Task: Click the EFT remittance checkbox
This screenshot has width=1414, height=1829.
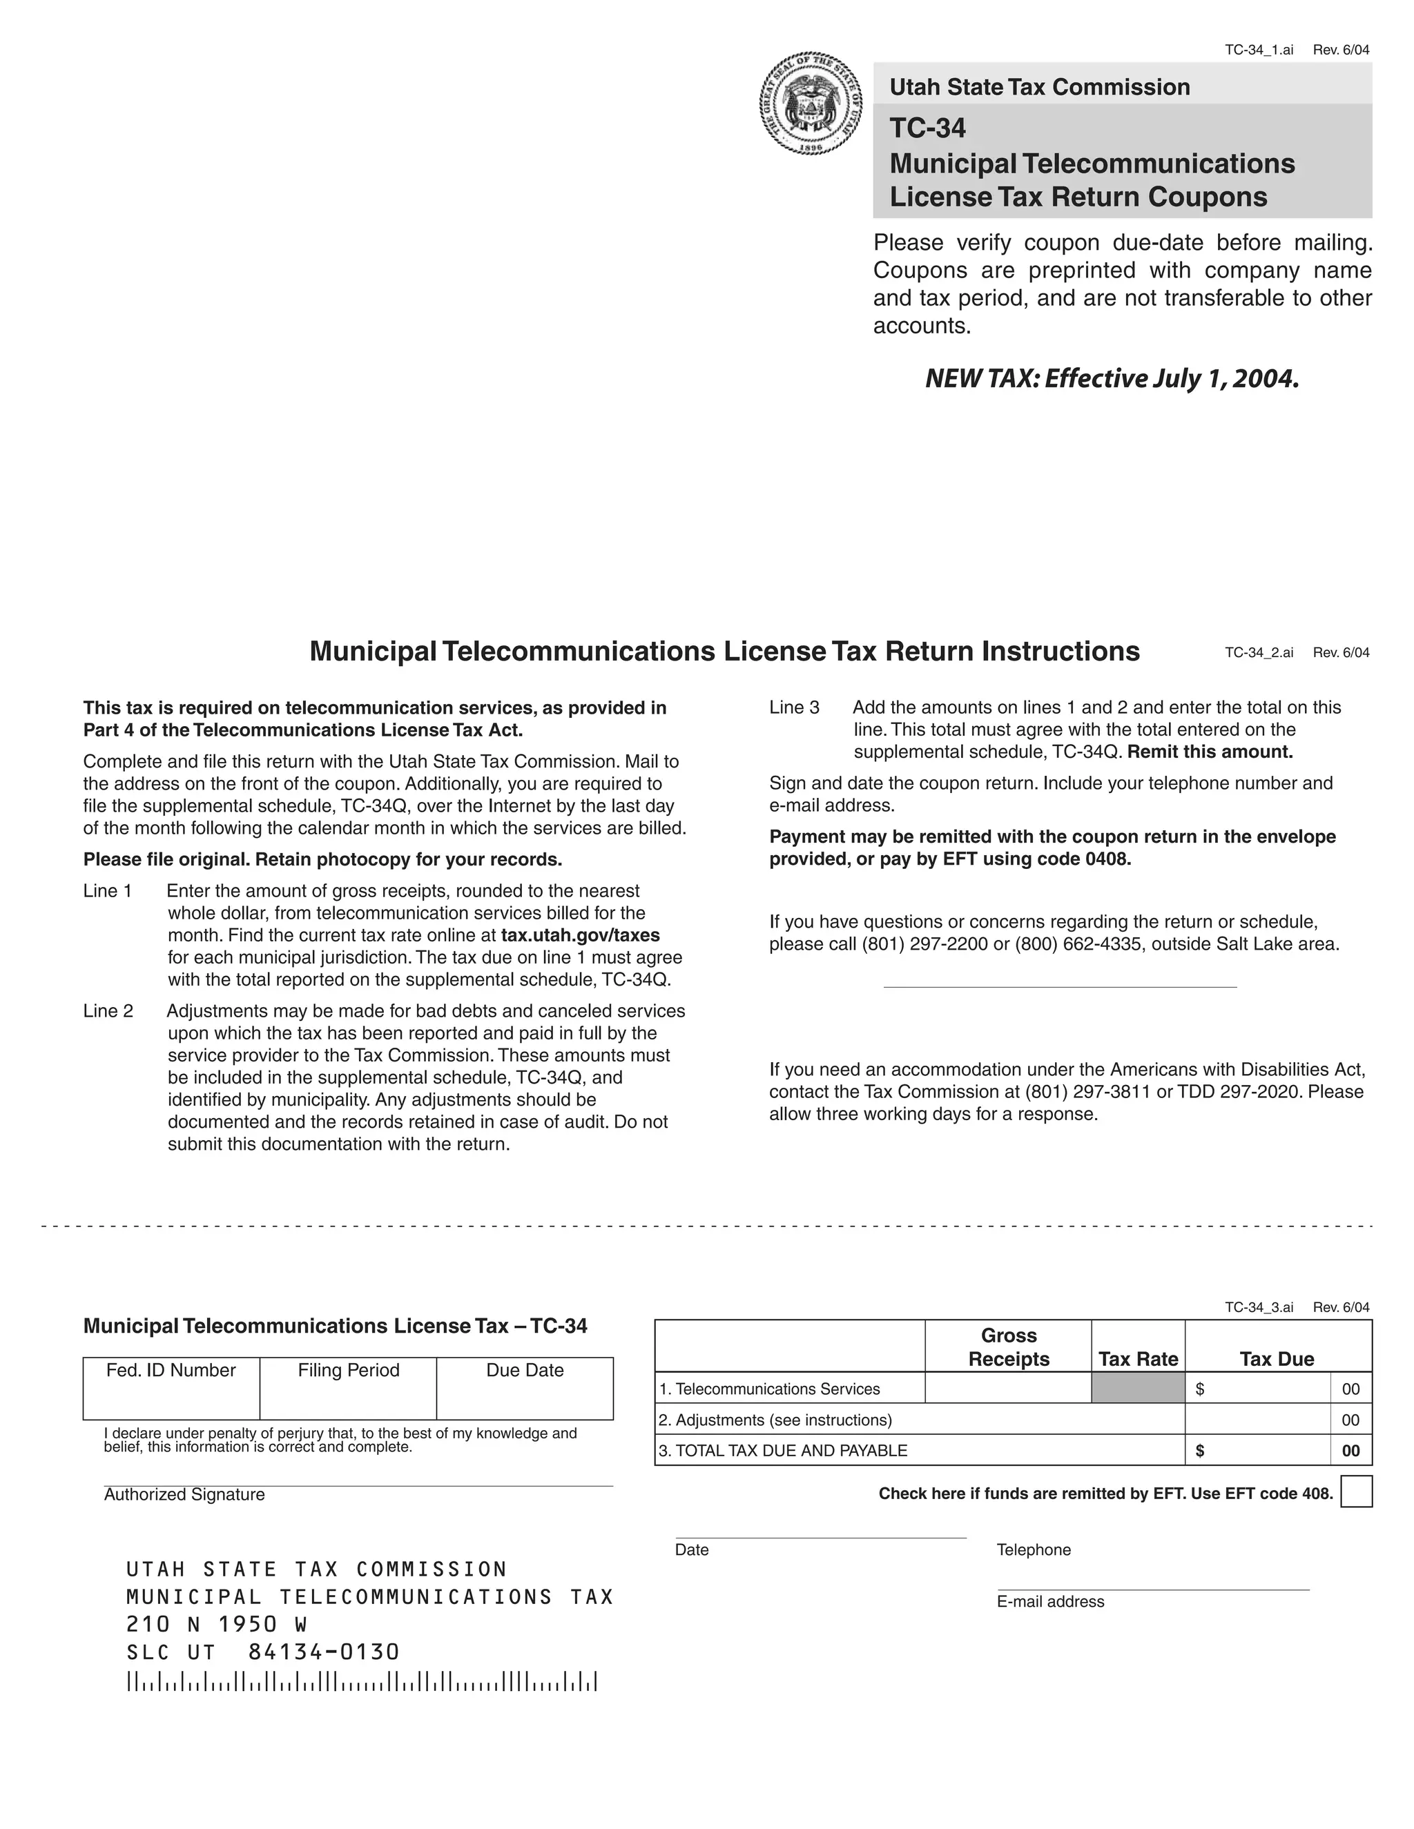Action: tap(1355, 1491)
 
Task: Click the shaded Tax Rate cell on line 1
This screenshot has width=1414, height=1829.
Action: tap(1138, 1389)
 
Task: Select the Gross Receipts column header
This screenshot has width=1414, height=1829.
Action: tap(1009, 1347)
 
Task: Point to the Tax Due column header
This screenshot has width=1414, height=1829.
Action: tap(1277, 1358)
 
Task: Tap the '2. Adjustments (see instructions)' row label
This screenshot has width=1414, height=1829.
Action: tap(775, 1420)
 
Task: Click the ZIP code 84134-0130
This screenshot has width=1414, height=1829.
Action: tap(323, 1652)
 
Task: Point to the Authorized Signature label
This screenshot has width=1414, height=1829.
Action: tap(184, 1495)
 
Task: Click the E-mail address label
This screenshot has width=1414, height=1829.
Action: tap(1050, 1601)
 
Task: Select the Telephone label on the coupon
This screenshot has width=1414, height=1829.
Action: tap(1034, 1549)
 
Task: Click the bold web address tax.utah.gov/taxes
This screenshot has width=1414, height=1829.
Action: tap(580, 935)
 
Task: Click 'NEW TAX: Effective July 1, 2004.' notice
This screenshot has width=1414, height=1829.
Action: tap(1112, 378)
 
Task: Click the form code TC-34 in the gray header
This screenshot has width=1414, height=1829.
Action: tap(927, 128)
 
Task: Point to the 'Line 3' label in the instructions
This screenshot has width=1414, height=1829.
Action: tap(794, 707)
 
